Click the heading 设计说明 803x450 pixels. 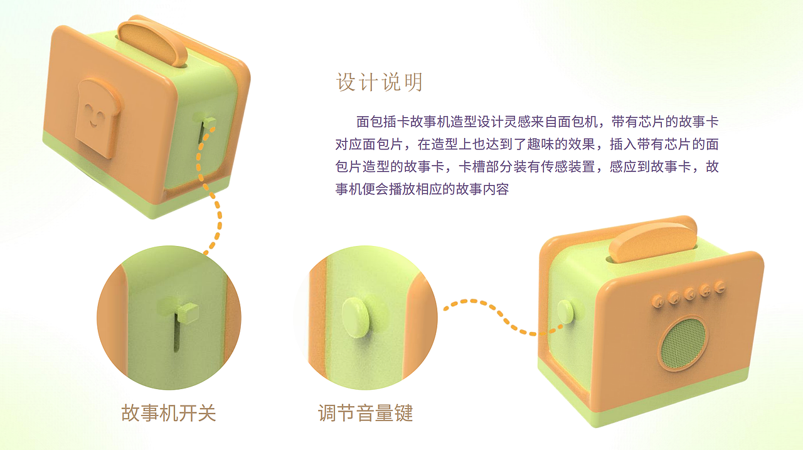click(x=380, y=82)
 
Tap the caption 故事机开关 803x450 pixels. click(x=168, y=413)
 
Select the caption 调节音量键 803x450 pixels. click(x=365, y=413)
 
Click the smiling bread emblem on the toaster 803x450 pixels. click(x=98, y=117)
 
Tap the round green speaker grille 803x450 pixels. click(x=683, y=343)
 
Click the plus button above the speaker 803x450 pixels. click(x=705, y=290)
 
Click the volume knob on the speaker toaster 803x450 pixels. click(x=565, y=311)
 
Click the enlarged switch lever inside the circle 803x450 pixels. click(x=188, y=311)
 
